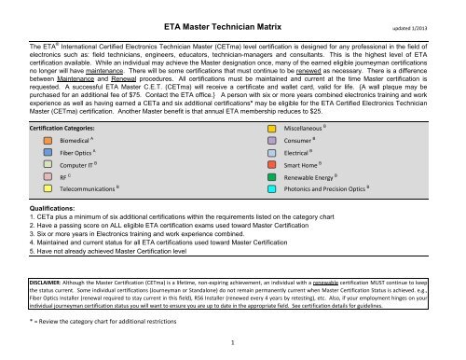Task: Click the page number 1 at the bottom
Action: coord(232,342)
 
